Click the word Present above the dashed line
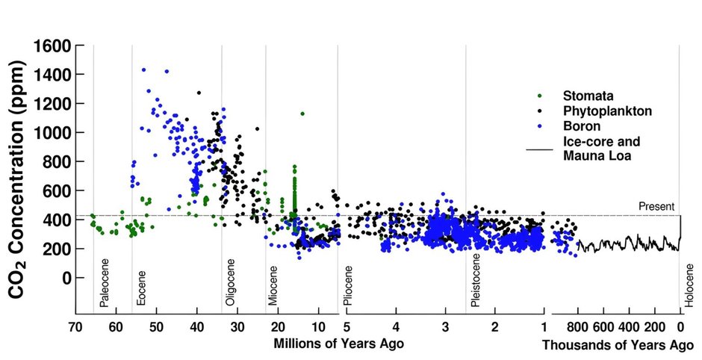pyautogui.click(x=656, y=207)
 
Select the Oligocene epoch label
pyautogui.click(x=231, y=286)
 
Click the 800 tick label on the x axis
pyautogui.click(x=577, y=326)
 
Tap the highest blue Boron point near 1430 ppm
pyautogui.click(x=143, y=70)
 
